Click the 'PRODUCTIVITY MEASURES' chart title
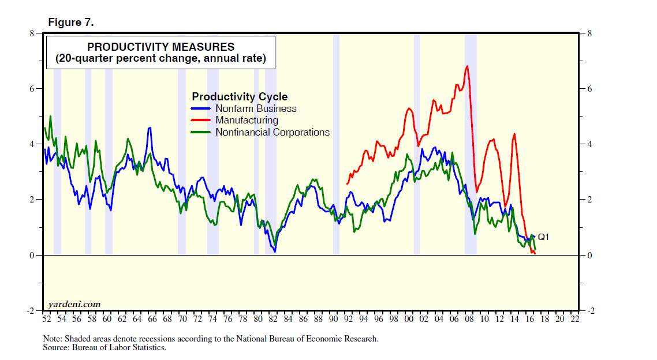(x=160, y=47)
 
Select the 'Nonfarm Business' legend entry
(x=256, y=108)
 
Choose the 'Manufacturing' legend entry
(x=247, y=120)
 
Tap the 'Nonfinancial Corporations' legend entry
(x=272, y=132)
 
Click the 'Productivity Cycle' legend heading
(x=240, y=96)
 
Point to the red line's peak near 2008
(x=466, y=66)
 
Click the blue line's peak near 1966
(x=150, y=128)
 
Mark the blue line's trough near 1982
(x=275, y=252)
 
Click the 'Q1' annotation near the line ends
(x=543, y=237)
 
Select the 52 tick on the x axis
(x=46, y=318)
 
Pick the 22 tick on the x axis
(x=575, y=318)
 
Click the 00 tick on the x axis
(x=409, y=318)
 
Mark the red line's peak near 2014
(x=514, y=134)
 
